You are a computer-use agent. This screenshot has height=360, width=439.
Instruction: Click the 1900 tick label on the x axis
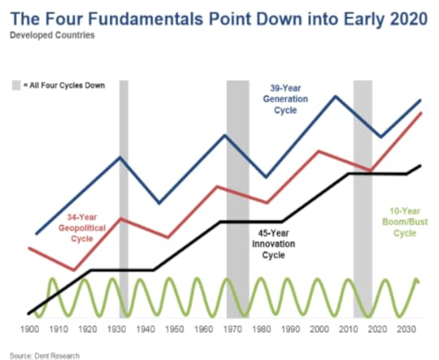coord(30,329)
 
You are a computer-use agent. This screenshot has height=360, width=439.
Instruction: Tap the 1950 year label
coord(175,329)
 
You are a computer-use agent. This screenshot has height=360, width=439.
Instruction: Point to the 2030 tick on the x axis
coord(406,329)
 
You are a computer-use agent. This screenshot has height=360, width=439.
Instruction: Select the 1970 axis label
coord(233,329)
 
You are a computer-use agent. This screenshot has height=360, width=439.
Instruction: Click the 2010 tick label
coord(348,329)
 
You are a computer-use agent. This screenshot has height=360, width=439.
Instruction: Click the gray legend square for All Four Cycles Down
coord(16,85)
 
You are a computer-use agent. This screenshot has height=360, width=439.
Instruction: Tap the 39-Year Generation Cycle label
coord(285,99)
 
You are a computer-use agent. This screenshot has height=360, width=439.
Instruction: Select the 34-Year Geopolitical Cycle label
coord(82,228)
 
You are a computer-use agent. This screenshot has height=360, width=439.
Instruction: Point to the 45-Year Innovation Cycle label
coord(273,244)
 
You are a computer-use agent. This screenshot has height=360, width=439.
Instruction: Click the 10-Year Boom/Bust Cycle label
coord(405,223)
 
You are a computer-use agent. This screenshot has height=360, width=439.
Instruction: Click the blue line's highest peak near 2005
coord(336,97)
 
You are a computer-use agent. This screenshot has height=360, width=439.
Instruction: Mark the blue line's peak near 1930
coord(120,158)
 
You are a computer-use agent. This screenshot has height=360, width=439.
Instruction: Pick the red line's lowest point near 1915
coord(74,270)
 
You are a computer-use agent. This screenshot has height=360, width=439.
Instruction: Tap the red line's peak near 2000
coord(319,151)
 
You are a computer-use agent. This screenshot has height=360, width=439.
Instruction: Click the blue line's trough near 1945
coord(159,202)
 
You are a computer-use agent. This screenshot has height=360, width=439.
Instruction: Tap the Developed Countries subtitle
coord(52,35)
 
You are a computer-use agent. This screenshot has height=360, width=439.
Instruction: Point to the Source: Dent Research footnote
coord(45,356)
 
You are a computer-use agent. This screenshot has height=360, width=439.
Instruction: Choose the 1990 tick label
coord(290,329)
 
